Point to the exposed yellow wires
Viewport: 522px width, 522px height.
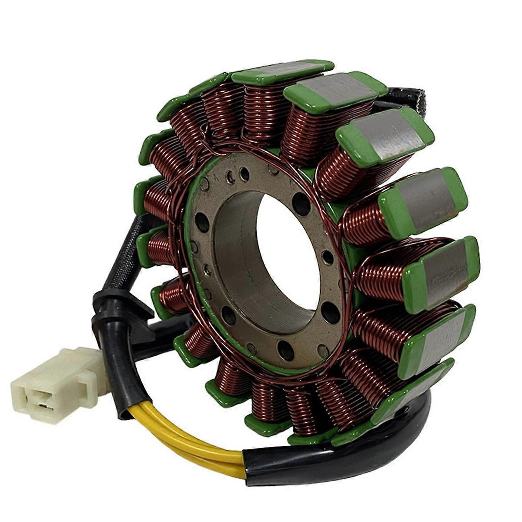(x=183, y=439)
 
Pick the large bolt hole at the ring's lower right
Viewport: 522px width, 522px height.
(x=331, y=312)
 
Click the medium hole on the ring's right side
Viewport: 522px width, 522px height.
(x=328, y=258)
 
